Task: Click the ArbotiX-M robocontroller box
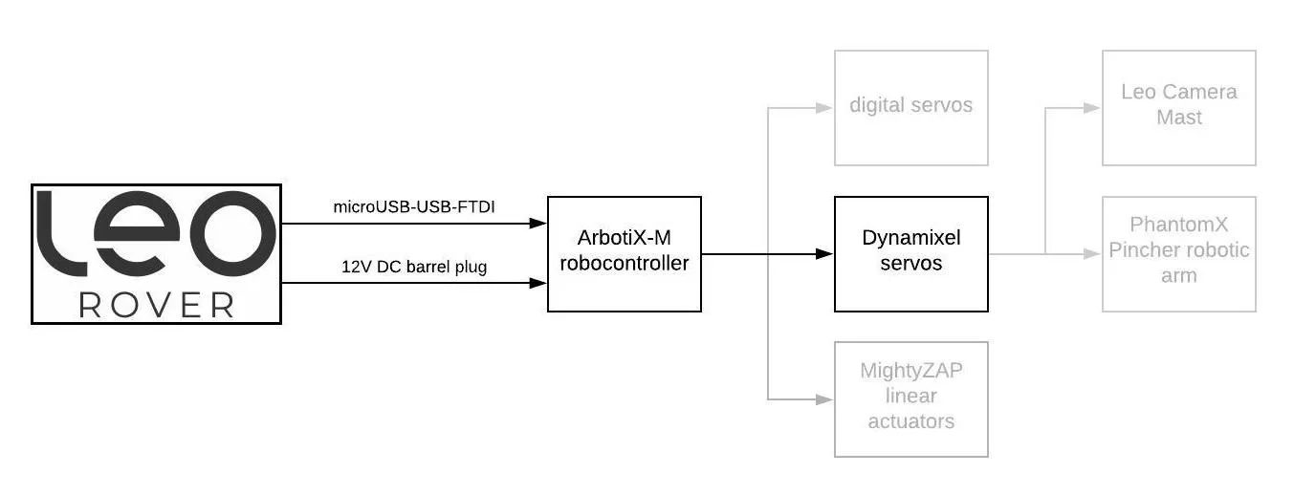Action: [624, 253]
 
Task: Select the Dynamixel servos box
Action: [910, 253]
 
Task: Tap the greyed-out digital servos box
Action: [910, 107]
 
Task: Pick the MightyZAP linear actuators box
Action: [910, 398]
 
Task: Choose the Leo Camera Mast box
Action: [1178, 107]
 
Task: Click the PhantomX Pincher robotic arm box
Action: [1178, 253]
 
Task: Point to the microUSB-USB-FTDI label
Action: [413, 206]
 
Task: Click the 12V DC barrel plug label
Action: [413, 267]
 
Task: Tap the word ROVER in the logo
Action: [156, 305]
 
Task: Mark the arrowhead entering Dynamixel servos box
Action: [824, 253]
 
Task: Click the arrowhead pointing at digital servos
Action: [824, 107]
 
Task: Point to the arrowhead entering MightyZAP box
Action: [824, 398]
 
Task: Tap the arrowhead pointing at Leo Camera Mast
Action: [1092, 107]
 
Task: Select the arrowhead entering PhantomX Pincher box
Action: [1092, 253]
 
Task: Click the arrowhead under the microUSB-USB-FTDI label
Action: [537, 224]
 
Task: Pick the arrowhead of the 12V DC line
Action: [537, 283]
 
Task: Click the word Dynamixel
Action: [910, 238]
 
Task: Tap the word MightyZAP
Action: [910, 371]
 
